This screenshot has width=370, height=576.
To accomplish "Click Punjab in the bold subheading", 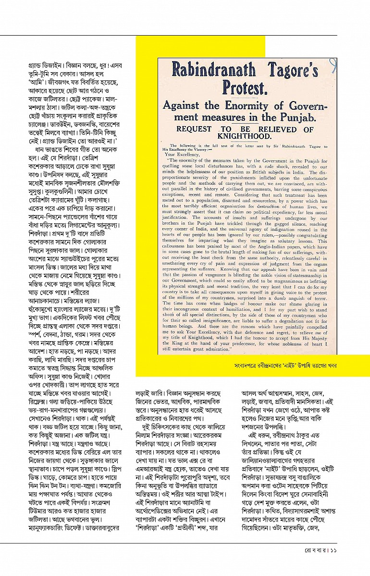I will pos(296,117).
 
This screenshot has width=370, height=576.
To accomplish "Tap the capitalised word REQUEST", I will pos(194,129).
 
